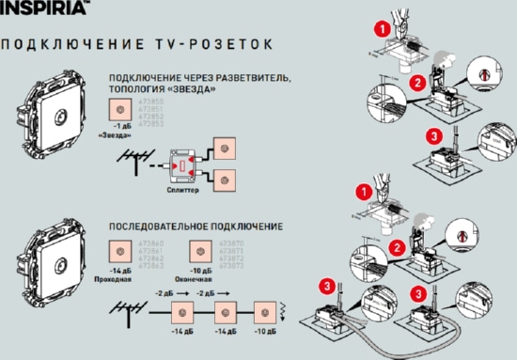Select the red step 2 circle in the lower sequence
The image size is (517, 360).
click(x=397, y=248)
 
